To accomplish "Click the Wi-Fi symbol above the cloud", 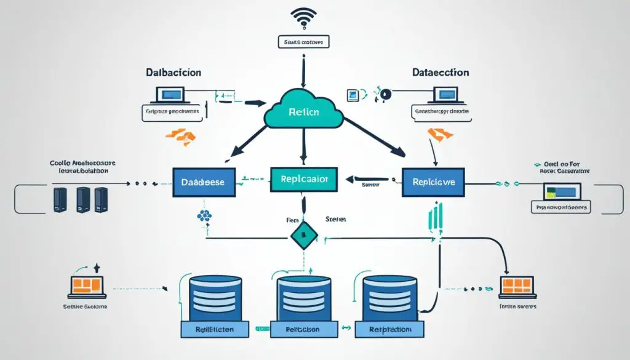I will [303, 18].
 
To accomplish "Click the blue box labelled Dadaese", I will [203, 182].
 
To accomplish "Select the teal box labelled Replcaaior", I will [304, 179].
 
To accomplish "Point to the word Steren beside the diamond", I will [336, 219].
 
